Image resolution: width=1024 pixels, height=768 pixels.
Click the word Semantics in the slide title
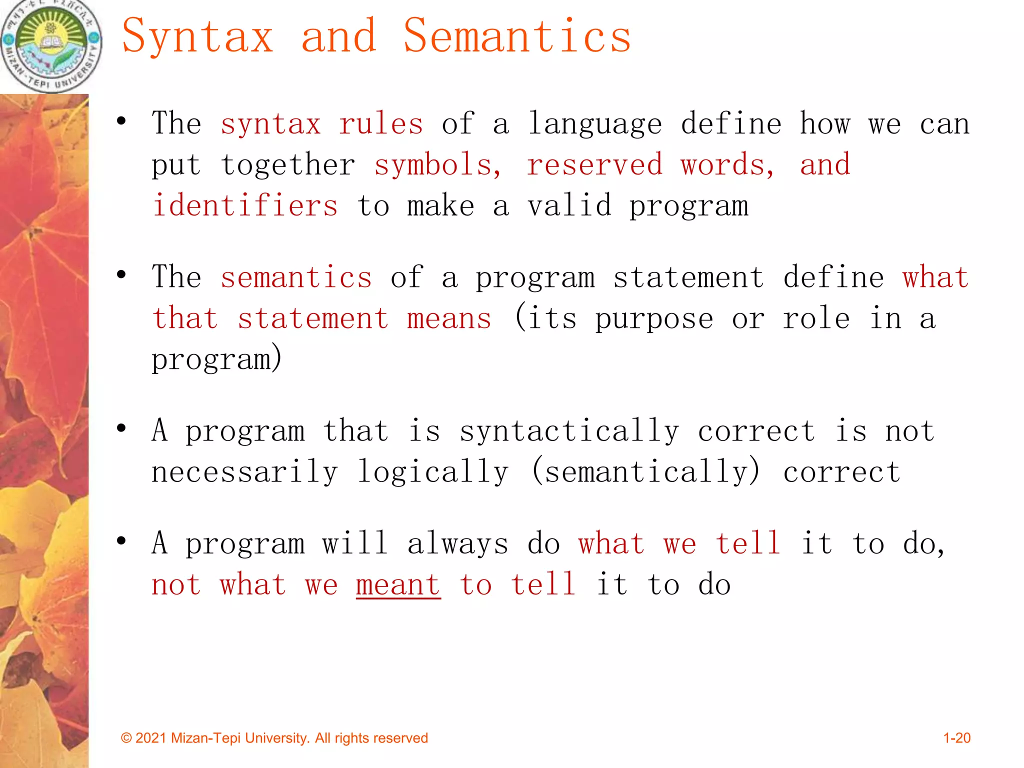click(x=517, y=36)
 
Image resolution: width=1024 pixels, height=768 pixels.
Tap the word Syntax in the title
click(x=197, y=36)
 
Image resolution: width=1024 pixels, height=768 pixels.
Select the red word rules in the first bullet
click(x=380, y=124)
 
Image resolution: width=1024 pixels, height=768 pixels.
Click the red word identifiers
click(x=245, y=206)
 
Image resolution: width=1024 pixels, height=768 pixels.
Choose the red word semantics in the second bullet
click(x=296, y=277)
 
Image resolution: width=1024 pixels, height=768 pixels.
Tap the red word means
click(x=449, y=318)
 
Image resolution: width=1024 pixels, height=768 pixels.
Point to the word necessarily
click(x=245, y=472)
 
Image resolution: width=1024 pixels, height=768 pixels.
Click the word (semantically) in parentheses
click(x=646, y=472)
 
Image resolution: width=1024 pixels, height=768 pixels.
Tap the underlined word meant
click(x=398, y=585)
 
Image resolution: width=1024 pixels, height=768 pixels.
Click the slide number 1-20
click(x=956, y=738)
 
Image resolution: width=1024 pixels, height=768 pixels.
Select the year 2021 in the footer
click(x=150, y=738)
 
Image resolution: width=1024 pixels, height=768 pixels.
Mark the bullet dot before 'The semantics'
click(x=121, y=274)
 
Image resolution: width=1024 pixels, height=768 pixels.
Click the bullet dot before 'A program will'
click(x=121, y=540)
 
